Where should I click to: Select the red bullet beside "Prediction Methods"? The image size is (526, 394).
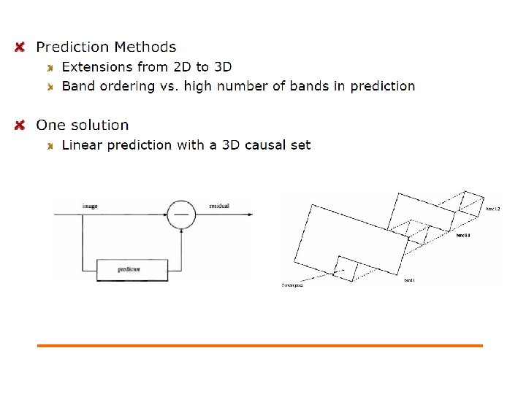20,47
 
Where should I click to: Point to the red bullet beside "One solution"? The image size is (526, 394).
20,125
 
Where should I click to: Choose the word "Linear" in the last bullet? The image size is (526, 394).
82,145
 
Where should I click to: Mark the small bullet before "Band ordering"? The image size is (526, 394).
50,87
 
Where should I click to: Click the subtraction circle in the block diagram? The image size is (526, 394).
180,215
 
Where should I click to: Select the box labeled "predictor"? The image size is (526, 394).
132,269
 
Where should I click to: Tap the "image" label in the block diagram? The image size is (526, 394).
90,206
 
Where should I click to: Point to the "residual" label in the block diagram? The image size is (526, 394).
219,206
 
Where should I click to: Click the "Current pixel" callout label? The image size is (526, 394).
293,285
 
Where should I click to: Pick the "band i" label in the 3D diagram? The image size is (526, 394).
409,279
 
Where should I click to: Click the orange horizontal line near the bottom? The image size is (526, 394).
260,345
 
